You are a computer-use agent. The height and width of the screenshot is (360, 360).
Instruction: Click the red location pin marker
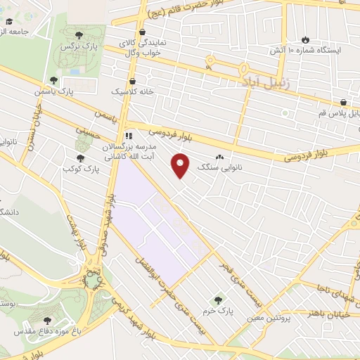pyautogui.click(x=181, y=165)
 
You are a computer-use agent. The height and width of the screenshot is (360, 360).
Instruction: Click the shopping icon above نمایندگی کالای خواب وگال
pyautogui.click(x=143, y=32)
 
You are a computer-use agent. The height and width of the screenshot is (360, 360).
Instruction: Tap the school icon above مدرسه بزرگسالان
pyautogui.click(x=129, y=136)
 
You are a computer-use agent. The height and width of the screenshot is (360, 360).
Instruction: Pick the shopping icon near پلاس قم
pyautogui.click(x=343, y=103)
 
